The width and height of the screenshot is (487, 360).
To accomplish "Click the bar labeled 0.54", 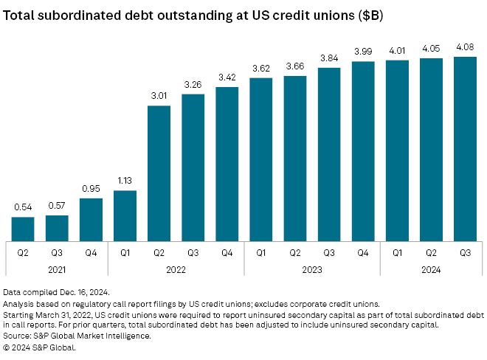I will coord(23,229).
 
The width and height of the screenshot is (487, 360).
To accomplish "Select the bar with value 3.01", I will coord(159,173).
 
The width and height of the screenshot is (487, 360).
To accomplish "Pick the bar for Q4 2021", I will coord(91,219).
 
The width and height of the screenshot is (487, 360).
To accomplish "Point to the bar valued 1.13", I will coord(125,215).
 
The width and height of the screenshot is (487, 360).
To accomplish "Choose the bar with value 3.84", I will coord(328,154).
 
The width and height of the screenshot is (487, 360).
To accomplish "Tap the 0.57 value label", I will coord(57,204).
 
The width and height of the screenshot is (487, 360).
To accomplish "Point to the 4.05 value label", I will coord(430,47).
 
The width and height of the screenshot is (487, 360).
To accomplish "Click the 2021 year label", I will coord(57,270).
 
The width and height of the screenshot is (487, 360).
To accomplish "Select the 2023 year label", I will coord(311,270).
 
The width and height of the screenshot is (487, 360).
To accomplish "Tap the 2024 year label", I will coord(430,270).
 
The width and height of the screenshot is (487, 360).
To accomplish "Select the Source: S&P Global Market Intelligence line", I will coord(76,336).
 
